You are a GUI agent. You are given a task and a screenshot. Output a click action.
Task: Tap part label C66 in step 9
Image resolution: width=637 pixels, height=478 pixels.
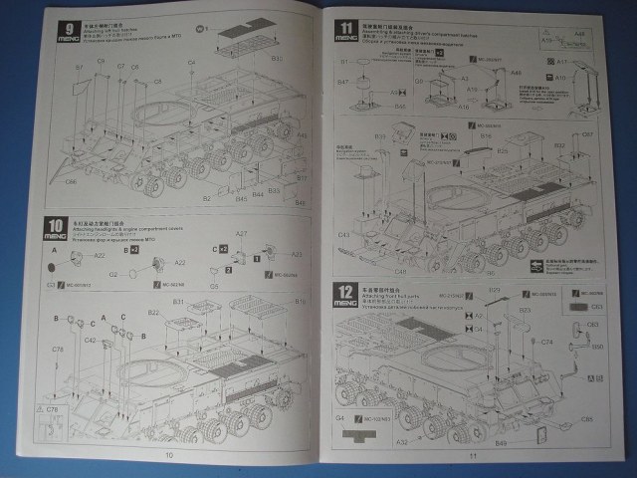pos(71,182)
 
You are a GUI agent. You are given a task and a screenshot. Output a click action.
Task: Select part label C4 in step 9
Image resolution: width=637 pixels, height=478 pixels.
pos(192,63)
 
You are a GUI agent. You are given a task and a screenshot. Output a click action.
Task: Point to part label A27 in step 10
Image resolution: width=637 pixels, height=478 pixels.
pos(241,234)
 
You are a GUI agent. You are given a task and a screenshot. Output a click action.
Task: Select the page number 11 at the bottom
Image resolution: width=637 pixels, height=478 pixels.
pos(474,456)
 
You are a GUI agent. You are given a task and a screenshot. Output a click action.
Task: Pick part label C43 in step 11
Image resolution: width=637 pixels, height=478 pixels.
pos(343,236)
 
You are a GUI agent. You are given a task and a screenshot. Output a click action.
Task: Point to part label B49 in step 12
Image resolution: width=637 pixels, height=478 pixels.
pos(501,441)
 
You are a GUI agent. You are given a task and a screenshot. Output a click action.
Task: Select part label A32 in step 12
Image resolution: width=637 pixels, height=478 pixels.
pos(402,441)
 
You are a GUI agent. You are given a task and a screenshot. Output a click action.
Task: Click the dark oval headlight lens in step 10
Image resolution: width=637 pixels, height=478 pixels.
pos(51,269)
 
